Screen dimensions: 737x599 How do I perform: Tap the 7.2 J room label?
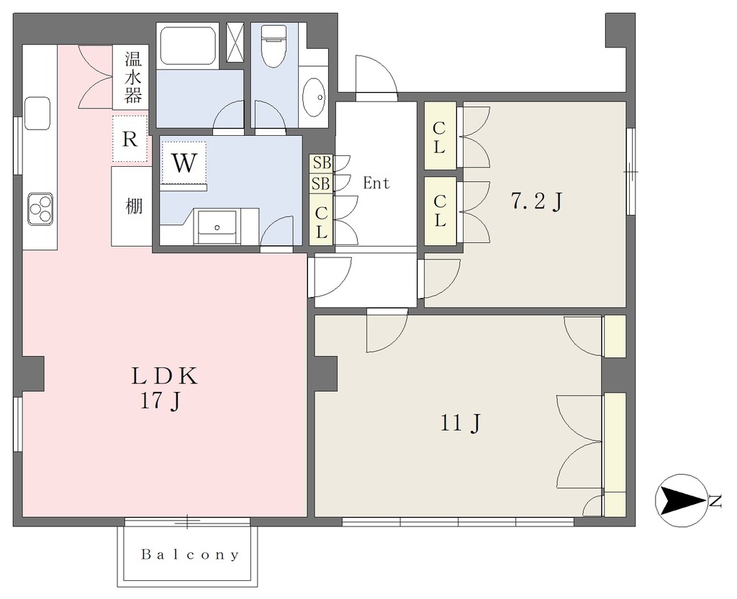pos(537,202)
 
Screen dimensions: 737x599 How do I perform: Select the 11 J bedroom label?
pos(461,423)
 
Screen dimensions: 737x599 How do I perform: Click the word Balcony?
pos(190,555)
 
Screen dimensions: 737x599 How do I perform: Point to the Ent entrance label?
pos(376,183)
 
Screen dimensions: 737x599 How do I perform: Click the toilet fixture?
pos(271,45)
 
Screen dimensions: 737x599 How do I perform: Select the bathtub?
pos(188,47)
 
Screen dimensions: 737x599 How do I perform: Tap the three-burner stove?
pos(40,209)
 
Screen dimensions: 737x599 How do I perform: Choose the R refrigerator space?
pos(130,139)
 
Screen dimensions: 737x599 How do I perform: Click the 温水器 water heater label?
pos(132,77)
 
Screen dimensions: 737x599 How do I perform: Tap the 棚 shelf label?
pos(133,206)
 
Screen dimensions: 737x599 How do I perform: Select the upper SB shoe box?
pos(322,163)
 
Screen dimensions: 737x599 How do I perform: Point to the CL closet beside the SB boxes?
pos(322,219)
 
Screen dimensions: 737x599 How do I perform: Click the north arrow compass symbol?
pos(681,500)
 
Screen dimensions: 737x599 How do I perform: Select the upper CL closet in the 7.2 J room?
pos(440,136)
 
